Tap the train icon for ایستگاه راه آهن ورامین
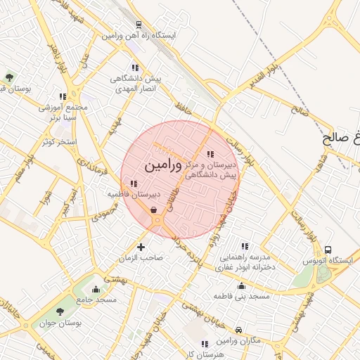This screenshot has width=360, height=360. click(x=139, y=25)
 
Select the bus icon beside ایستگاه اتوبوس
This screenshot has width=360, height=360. click(x=328, y=250)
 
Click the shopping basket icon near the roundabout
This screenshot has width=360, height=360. click(x=153, y=209)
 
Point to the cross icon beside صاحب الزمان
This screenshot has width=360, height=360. click(x=141, y=247)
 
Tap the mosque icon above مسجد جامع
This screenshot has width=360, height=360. click(x=96, y=289)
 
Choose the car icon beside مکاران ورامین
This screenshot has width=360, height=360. click(x=239, y=329)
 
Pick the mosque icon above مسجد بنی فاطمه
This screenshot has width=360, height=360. click(x=242, y=286)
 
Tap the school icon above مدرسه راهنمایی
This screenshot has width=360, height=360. click(x=244, y=247)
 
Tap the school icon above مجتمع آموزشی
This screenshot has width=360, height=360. click(x=63, y=96)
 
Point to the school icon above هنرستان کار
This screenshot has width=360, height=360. click(x=205, y=344)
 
